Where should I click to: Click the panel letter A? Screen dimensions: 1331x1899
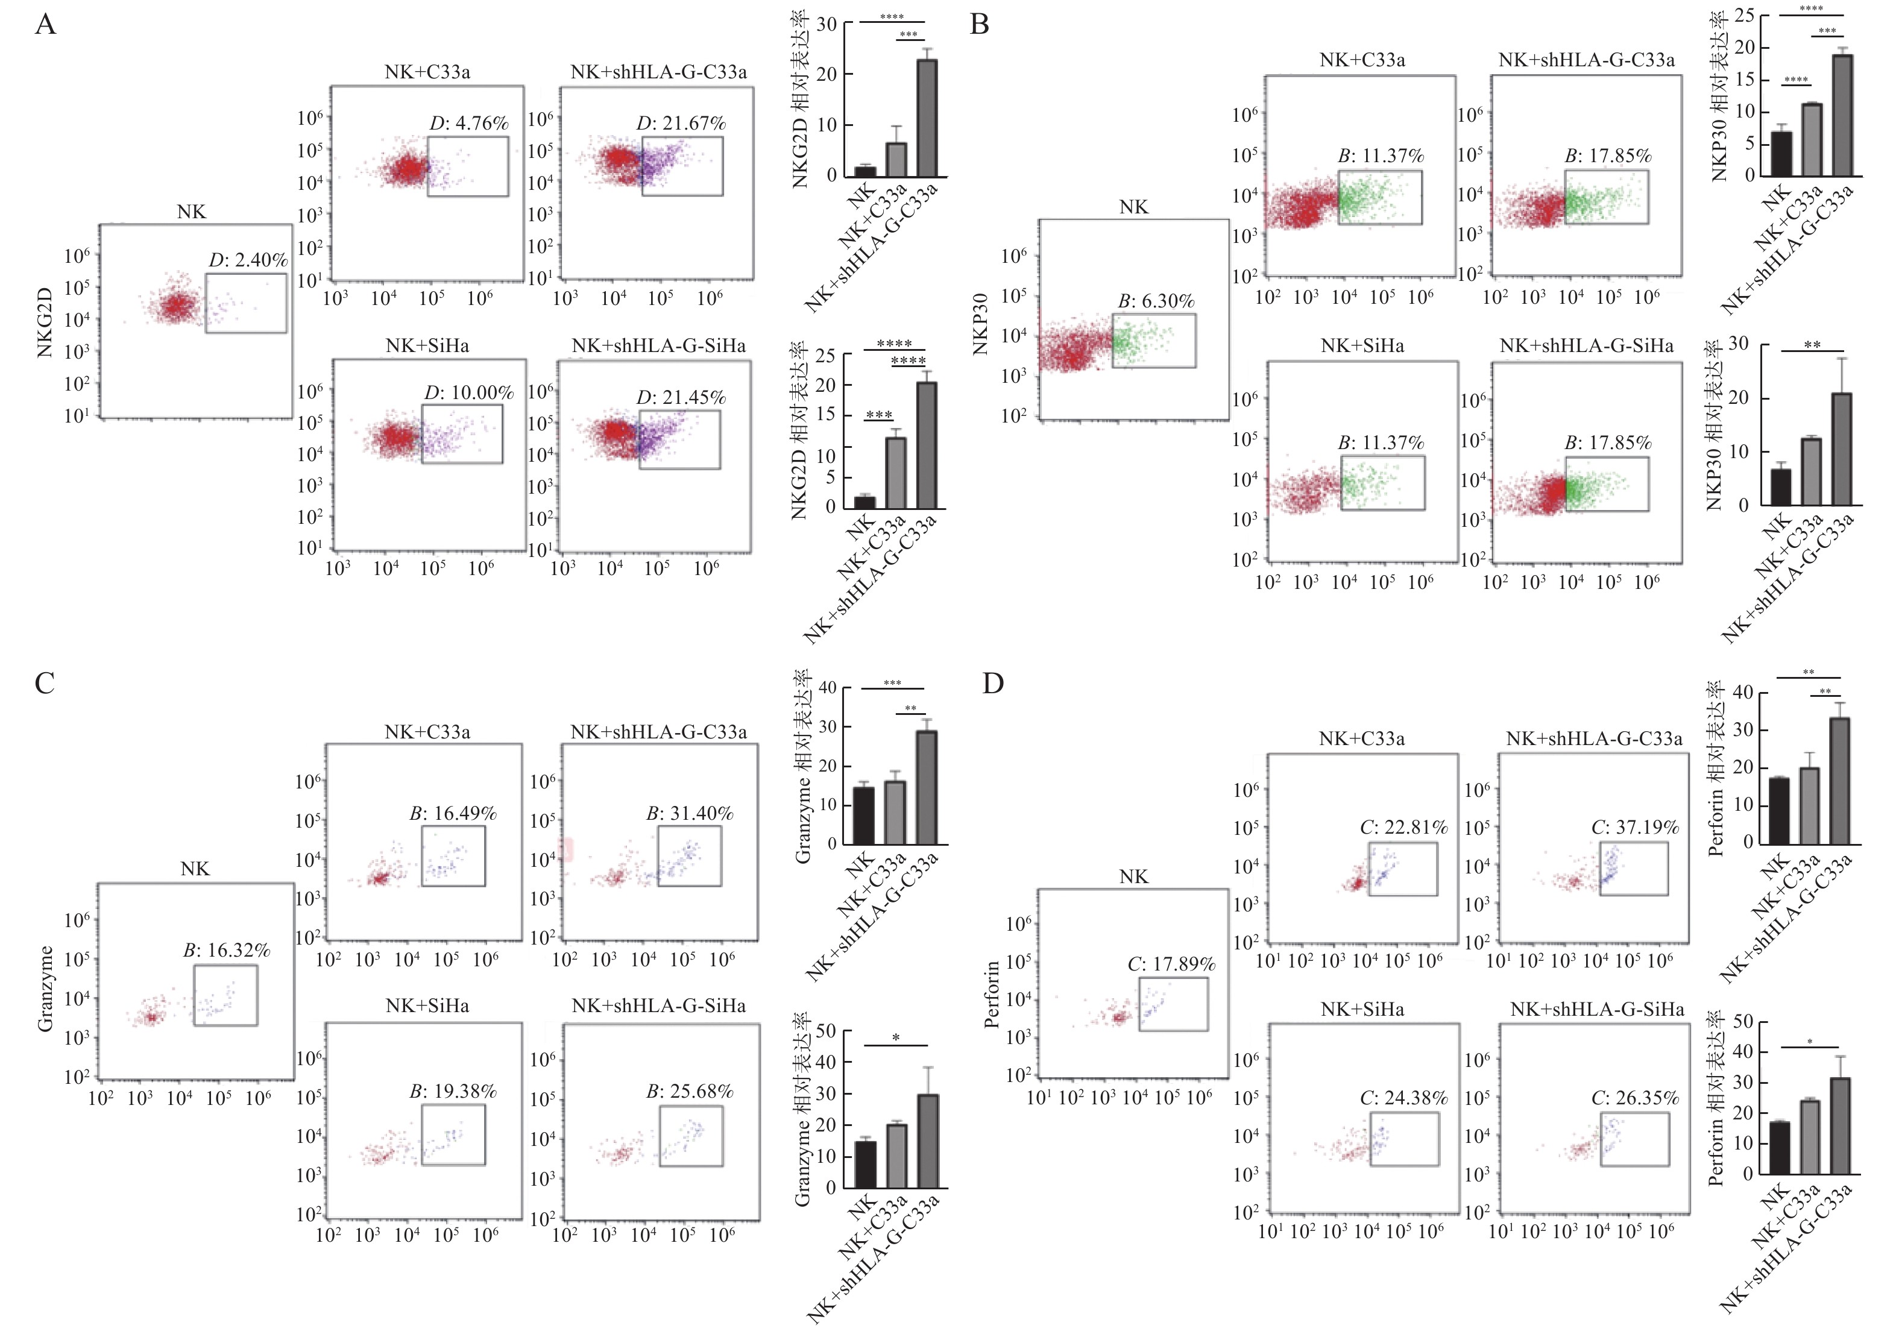(x=45, y=24)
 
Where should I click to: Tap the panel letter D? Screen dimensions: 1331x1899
(x=992, y=684)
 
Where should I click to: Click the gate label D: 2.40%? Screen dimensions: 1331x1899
(x=247, y=260)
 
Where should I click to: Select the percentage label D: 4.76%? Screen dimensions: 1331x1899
(x=469, y=123)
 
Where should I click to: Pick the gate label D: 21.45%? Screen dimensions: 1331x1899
(x=681, y=397)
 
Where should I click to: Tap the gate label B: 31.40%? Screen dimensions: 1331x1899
(x=690, y=813)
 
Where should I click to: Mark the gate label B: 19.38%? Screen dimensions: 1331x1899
(x=453, y=1091)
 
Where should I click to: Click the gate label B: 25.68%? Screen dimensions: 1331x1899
(x=690, y=1091)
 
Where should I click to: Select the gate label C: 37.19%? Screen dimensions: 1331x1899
(x=1635, y=827)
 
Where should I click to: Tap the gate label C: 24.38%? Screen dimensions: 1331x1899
(x=1403, y=1098)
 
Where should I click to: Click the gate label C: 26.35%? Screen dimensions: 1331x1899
(x=1635, y=1098)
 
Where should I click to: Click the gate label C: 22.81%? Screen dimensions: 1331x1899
(x=1403, y=827)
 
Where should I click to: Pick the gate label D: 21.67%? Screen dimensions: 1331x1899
(x=681, y=123)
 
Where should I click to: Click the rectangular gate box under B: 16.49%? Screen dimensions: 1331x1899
(x=453, y=856)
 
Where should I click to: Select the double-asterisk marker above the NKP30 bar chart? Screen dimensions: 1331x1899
(x=1812, y=345)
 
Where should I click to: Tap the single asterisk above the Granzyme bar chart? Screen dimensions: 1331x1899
(x=896, y=1038)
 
